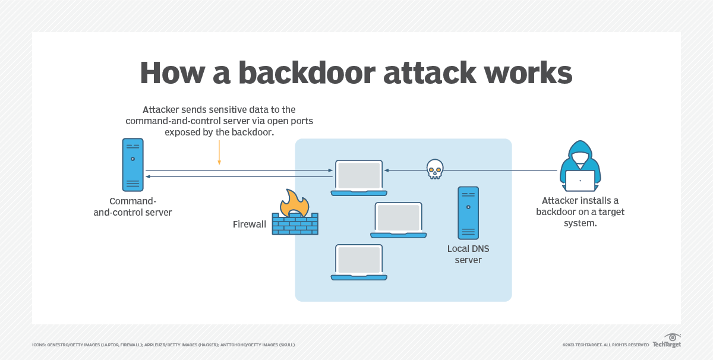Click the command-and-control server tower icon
(132, 165)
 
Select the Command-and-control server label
(132, 206)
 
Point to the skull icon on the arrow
(435, 169)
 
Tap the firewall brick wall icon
(295, 224)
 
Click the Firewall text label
(249, 225)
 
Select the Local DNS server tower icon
(468, 212)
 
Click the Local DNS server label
(468, 254)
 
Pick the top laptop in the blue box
(359, 177)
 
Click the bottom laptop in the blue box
(359, 262)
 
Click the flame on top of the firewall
(295, 202)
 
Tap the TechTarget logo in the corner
(667, 341)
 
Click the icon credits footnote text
(163, 345)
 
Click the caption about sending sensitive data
(219, 121)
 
